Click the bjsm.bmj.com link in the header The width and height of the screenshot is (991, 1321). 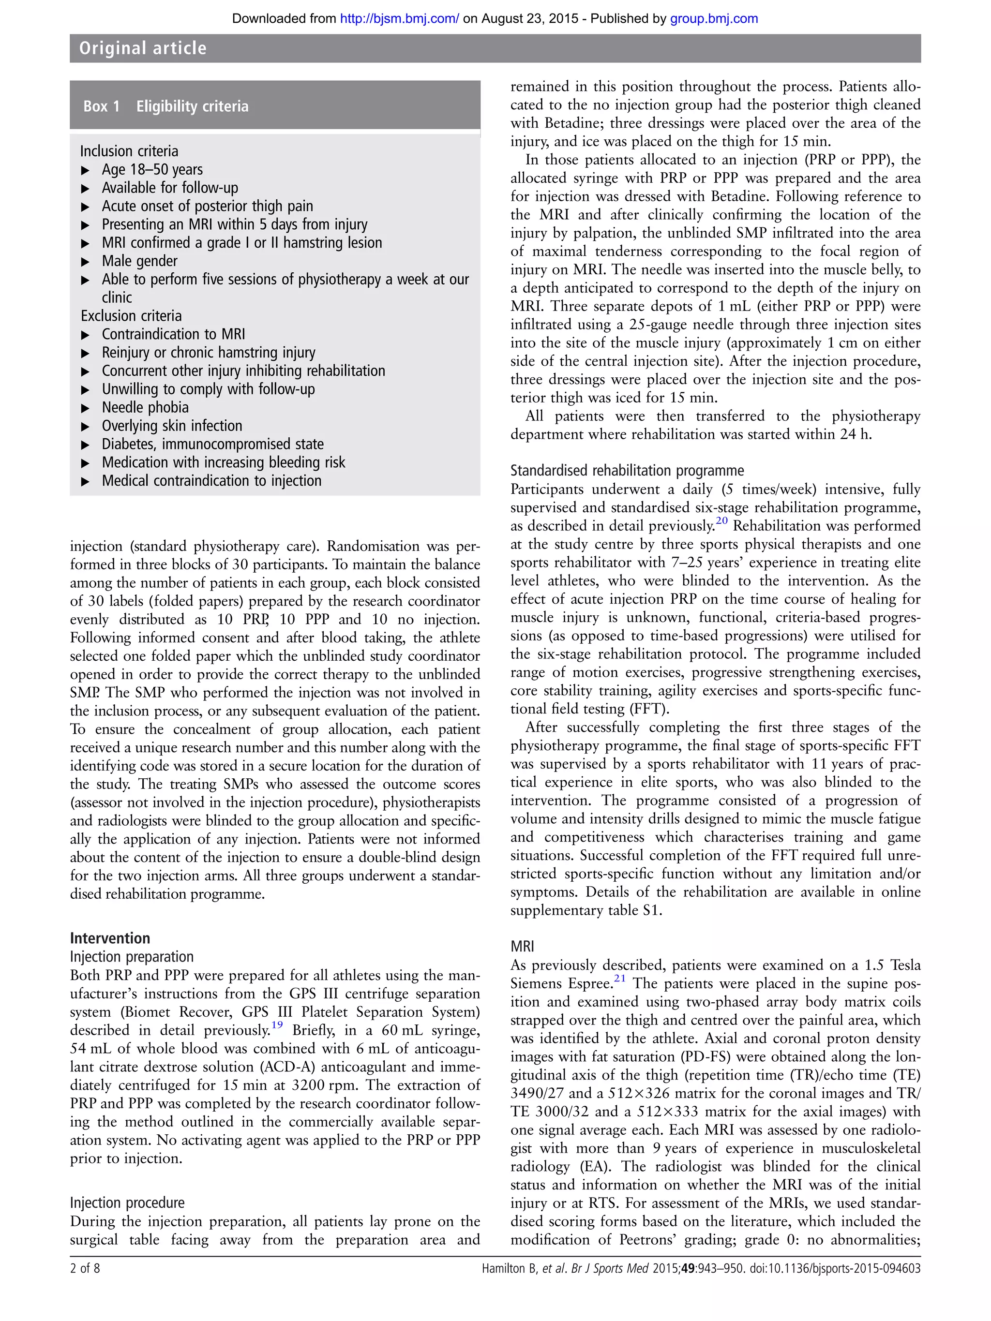pyautogui.click(x=399, y=18)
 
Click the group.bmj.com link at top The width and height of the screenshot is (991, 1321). pyautogui.click(x=714, y=18)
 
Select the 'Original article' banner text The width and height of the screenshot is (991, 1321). pyautogui.click(x=143, y=48)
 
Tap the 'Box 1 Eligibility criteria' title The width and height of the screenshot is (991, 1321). pyautogui.click(x=166, y=106)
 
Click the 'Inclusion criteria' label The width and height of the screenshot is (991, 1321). pyautogui.click(x=129, y=151)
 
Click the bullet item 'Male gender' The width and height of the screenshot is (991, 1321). pyautogui.click(x=139, y=261)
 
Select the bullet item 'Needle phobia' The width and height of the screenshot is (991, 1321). pyautogui.click(x=145, y=407)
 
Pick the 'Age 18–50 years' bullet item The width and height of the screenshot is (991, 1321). pyautogui.click(x=152, y=170)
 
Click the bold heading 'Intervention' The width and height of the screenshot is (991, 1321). pyautogui.click(x=110, y=938)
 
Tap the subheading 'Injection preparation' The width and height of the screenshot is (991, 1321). pyautogui.click(x=132, y=957)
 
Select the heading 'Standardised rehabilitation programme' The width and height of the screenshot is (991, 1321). pyautogui.click(x=627, y=471)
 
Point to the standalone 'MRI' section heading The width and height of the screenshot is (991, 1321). pyautogui.click(x=522, y=947)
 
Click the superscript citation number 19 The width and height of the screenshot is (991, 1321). pyautogui.click(x=277, y=1025)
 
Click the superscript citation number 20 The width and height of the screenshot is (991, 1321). pyautogui.click(x=721, y=521)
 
